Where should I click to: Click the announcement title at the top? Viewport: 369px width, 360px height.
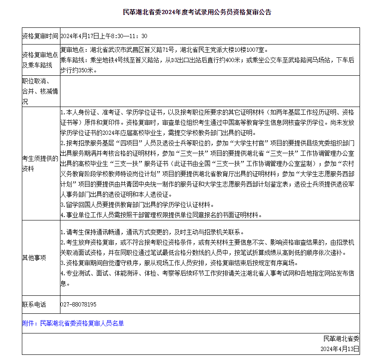(x=197, y=12)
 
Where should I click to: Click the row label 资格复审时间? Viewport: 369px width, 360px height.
(x=40, y=36)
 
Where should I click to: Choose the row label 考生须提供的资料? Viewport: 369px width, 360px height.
(x=40, y=164)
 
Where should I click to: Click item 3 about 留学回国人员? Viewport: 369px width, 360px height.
(x=137, y=205)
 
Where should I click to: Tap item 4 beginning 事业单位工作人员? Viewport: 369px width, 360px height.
(x=160, y=215)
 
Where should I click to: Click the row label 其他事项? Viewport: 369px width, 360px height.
(x=34, y=258)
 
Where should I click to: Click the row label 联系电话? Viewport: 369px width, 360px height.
(x=34, y=304)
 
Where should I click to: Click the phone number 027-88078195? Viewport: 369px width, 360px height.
(x=78, y=304)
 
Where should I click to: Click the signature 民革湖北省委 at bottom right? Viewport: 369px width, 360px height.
(x=341, y=339)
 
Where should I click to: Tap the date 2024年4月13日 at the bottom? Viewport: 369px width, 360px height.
(x=339, y=349)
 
